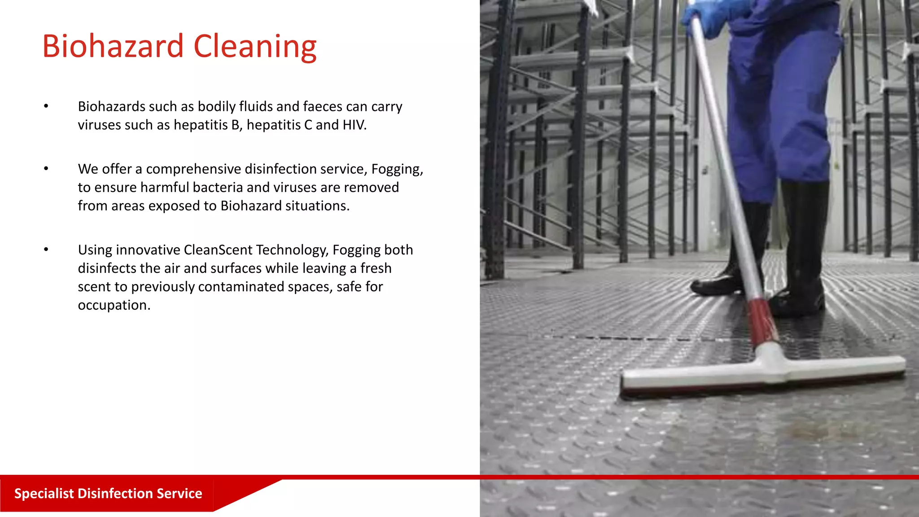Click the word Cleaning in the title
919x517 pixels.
tap(255, 47)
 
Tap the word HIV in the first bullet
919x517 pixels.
tap(354, 125)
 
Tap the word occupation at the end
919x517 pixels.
tap(114, 305)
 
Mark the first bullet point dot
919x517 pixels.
tap(46, 106)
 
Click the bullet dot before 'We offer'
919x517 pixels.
tap(46, 169)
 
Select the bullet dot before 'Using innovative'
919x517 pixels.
tap(46, 250)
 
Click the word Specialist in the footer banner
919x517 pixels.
tap(44, 493)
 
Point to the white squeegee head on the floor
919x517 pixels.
tap(763, 372)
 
